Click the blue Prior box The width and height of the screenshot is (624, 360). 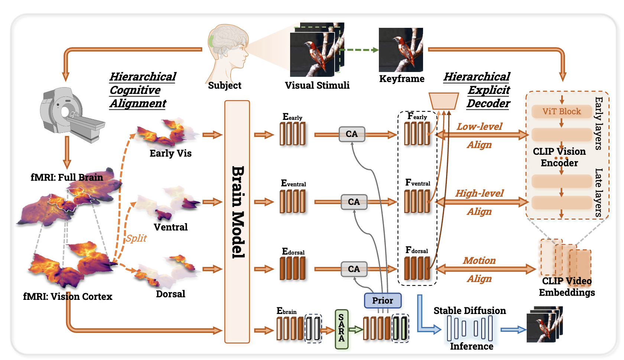(383, 300)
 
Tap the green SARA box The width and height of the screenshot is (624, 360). (341, 329)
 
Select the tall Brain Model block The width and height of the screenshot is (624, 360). (237, 222)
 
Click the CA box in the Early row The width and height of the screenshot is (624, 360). (352, 134)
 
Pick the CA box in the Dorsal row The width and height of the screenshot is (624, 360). (354, 269)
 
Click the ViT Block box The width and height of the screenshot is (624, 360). (561, 111)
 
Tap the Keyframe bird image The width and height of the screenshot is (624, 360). (401, 50)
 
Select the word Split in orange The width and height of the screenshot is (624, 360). (136, 238)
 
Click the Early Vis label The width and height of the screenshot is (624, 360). (170, 153)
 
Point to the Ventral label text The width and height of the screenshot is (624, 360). (170, 227)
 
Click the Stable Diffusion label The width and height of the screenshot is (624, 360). (469, 311)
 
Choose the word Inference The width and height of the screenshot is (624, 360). (471, 346)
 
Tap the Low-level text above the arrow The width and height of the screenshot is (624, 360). (479, 127)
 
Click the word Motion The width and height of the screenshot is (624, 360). (479, 261)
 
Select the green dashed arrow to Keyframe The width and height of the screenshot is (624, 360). (358, 50)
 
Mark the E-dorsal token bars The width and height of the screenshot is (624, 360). (293, 268)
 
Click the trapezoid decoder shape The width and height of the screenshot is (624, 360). (443, 101)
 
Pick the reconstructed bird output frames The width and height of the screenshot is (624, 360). (545, 325)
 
